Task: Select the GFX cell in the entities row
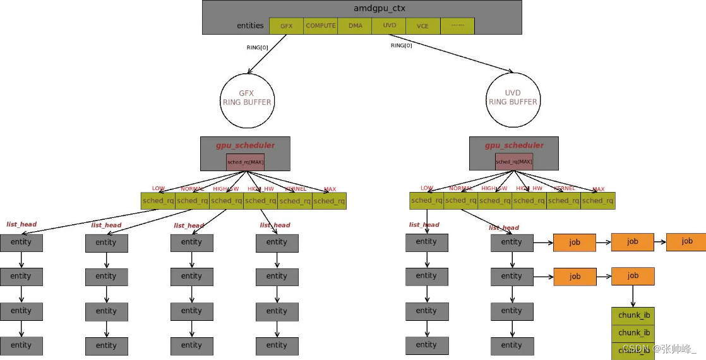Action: click(286, 26)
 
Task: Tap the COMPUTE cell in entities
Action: click(320, 26)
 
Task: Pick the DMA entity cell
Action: click(354, 26)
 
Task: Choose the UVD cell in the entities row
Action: click(388, 26)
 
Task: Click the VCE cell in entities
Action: click(422, 26)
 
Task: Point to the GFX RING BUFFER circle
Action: click(246, 98)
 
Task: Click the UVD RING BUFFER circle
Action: click(513, 98)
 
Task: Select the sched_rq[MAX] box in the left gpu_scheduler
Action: click(245, 162)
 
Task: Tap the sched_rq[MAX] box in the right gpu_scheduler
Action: click(513, 162)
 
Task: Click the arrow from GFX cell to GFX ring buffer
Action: click(266, 54)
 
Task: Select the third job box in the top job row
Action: click(686, 241)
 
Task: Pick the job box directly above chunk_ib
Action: click(633, 276)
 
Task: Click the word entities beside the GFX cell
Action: click(250, 26)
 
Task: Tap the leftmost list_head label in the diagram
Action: click(21, 224)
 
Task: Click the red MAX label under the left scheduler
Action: click(330, 189)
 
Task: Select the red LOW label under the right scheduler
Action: click(427, 188)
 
